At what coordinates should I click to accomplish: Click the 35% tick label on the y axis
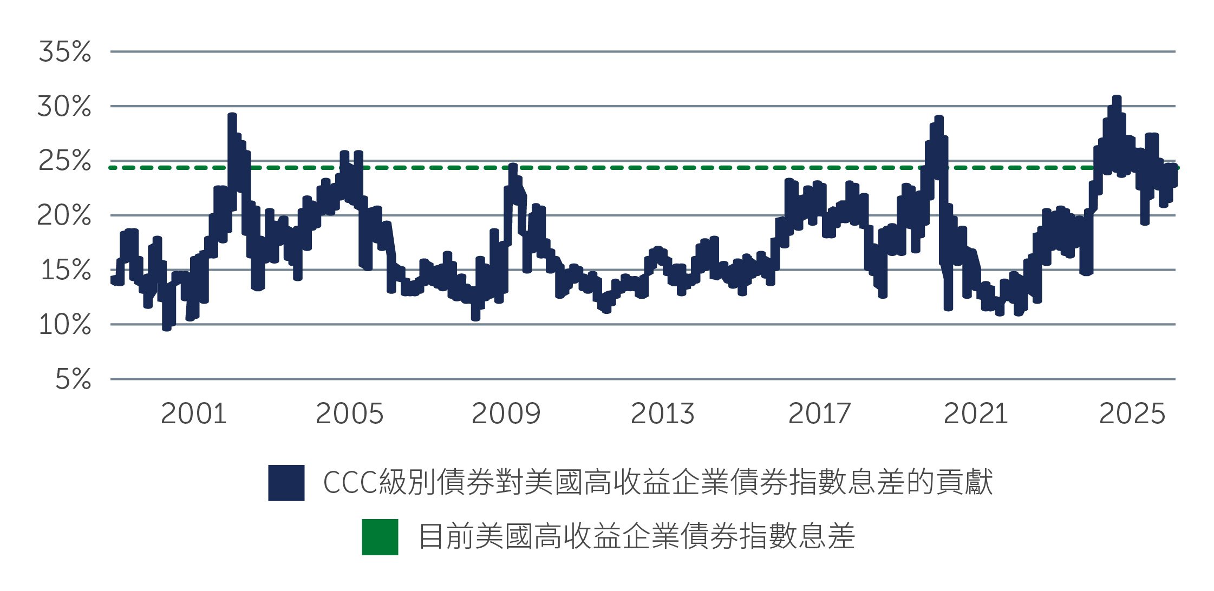pyautogui.click(x=64, y=52)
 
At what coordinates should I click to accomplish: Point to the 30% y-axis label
pyautogui.click(x=64, y=107)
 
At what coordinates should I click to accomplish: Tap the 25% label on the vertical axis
pyautogui.click(x=64, y=161)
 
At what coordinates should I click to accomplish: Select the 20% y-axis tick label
pyautogui.click(x=64, y=216)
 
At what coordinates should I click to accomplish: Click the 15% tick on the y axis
pyautogui.click(x=66, y=270)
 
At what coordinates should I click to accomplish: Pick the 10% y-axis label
pyautogui.click(x=64, y=325)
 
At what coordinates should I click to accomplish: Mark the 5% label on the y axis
pyautogui.click(x=73, y=379)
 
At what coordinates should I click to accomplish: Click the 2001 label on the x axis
pyautogui.click(x=193, y=414)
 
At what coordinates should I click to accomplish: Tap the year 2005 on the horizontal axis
pyautogui.click(x=349, y=414)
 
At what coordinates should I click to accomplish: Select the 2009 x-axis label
pyautogui.click(x=506, y=414)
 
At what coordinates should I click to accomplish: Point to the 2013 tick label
pyautogui.click(x=662, y=414)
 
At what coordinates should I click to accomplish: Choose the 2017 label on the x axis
pyautogui.click(x=819, y=414)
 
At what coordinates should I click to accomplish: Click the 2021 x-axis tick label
pyautogui.click(x=975, y=414)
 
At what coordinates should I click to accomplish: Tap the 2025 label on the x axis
pyautogui.click(x=1132, y=414)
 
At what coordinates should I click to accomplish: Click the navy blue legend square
pyautogui.click(x=286, y=482)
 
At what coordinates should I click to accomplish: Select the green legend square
pyautogui.click(x=380, y=536)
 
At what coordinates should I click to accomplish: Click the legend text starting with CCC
pyautogui.click(x=657, y=482)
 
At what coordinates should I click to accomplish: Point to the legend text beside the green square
pyautogui.click(x=636, y=536)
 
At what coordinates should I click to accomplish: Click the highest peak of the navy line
pyautogui.click(x=1117, y=99)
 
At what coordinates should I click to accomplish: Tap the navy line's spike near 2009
pyautogui.click(x=513, y=167)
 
